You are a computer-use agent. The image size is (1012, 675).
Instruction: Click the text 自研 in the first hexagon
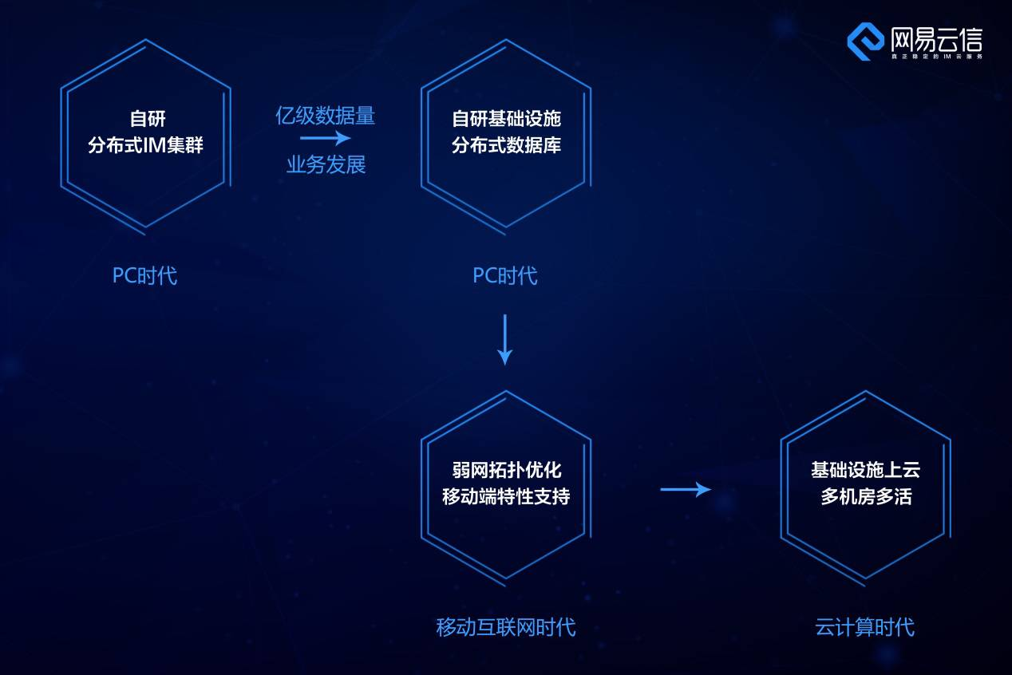pyautogui.click(x=147, y=119)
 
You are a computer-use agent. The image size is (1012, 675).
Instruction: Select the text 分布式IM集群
pyautogui.click(x=146, y=146)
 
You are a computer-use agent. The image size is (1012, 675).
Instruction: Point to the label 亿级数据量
pyautogui.click(x=325, y=116)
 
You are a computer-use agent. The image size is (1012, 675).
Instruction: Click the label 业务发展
pyautogui.click(x=326, y=165)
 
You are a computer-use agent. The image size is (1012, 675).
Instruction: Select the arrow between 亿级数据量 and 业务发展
pyautogui.click(x=325, y=140)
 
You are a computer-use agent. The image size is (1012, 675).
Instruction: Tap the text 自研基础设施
pyautogui.click(x=506, y=119)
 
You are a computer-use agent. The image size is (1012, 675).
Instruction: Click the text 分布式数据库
pyautogui.click(x=506, y=146)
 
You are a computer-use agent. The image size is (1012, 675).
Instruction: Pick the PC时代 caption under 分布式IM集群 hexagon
pyautogui.click(x=144, y=276)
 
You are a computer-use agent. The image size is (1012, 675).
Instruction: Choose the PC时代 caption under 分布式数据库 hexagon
pyautogui.click(x=505, y=276)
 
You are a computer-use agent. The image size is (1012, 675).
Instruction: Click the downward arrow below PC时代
pyautogui.click(x=504, y=339)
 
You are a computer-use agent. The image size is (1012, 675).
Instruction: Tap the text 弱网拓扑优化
pyautogui.click(x=506, y=470)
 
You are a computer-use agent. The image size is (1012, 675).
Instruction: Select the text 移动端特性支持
pyautogui.click(x=506, y=496)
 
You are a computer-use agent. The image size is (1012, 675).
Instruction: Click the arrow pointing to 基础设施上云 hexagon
pyautogui.click(x=686, y=489)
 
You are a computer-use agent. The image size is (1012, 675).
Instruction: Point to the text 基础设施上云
pyautogui.click(x=866, y=470)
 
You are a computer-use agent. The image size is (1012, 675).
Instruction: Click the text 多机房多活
pyautogui.click(x=866, y=496)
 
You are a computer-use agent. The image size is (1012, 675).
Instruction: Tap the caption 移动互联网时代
pyautogui.click(x=506, y=627)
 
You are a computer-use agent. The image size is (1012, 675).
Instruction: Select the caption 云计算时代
pyautogui.click(x=865, y=627)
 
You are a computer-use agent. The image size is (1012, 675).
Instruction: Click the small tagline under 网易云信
pyautogui.click(x=936, y=57)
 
